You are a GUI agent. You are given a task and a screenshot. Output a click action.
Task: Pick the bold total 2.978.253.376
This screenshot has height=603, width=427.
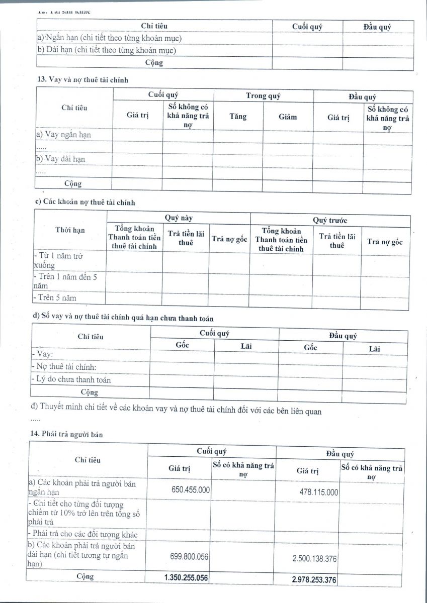314,580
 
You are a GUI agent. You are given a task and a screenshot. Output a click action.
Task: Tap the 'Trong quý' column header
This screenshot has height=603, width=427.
263,96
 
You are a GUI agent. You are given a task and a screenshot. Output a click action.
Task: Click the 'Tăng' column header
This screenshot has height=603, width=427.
238,117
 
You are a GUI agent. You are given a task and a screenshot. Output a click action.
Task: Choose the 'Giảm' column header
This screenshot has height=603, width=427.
288,117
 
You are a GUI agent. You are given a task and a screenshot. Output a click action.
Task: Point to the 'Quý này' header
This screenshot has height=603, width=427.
179,218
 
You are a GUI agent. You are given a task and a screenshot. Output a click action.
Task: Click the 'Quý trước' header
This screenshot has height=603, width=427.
330,220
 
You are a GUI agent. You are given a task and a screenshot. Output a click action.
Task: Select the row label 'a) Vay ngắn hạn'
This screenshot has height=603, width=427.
63,135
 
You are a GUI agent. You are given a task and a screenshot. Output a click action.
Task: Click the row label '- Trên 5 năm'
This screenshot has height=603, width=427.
55,297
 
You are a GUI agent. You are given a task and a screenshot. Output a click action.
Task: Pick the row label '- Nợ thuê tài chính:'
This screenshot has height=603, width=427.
64,367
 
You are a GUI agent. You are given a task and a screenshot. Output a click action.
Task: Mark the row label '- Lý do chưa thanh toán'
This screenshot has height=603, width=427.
71,379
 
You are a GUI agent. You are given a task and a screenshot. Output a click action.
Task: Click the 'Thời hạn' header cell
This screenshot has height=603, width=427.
70,230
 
